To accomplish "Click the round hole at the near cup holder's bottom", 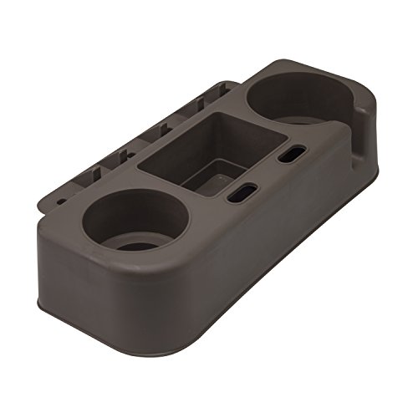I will pyautogui.click(x=138, y=246).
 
